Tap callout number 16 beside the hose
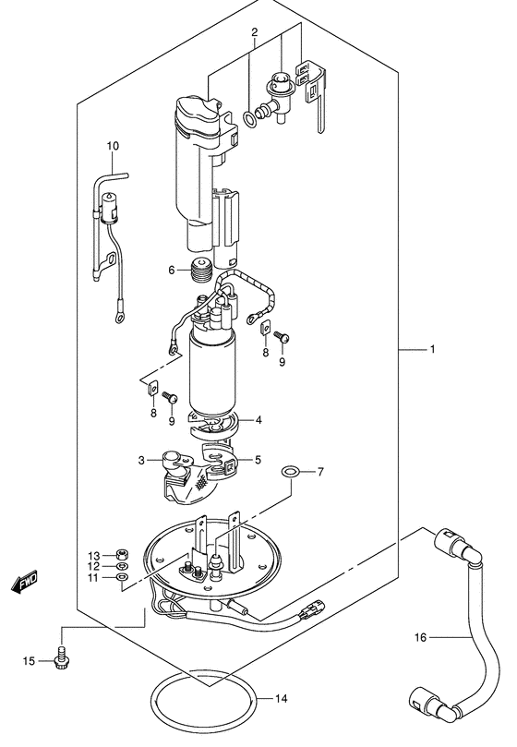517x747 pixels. click(420, 637)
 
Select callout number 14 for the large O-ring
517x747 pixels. click(282, 698)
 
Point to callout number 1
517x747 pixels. click(432, 349)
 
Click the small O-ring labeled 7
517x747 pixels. click(290, 473)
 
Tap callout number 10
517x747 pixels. click(113, 146)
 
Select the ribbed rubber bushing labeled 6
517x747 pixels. click(200, 271)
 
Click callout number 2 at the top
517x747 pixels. click(255, 32)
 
